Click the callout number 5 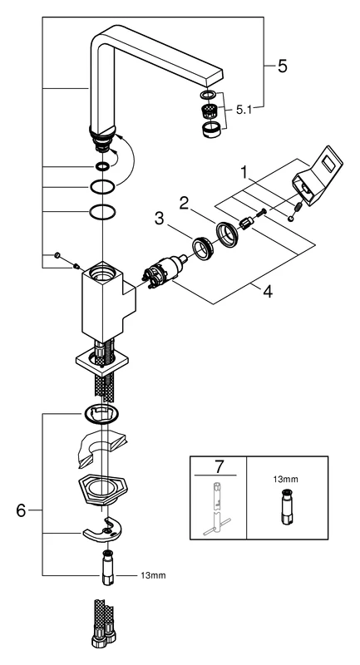[282, 66]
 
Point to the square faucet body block [104, 307]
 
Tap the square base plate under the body [102, 362]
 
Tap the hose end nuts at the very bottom [104, 638]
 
